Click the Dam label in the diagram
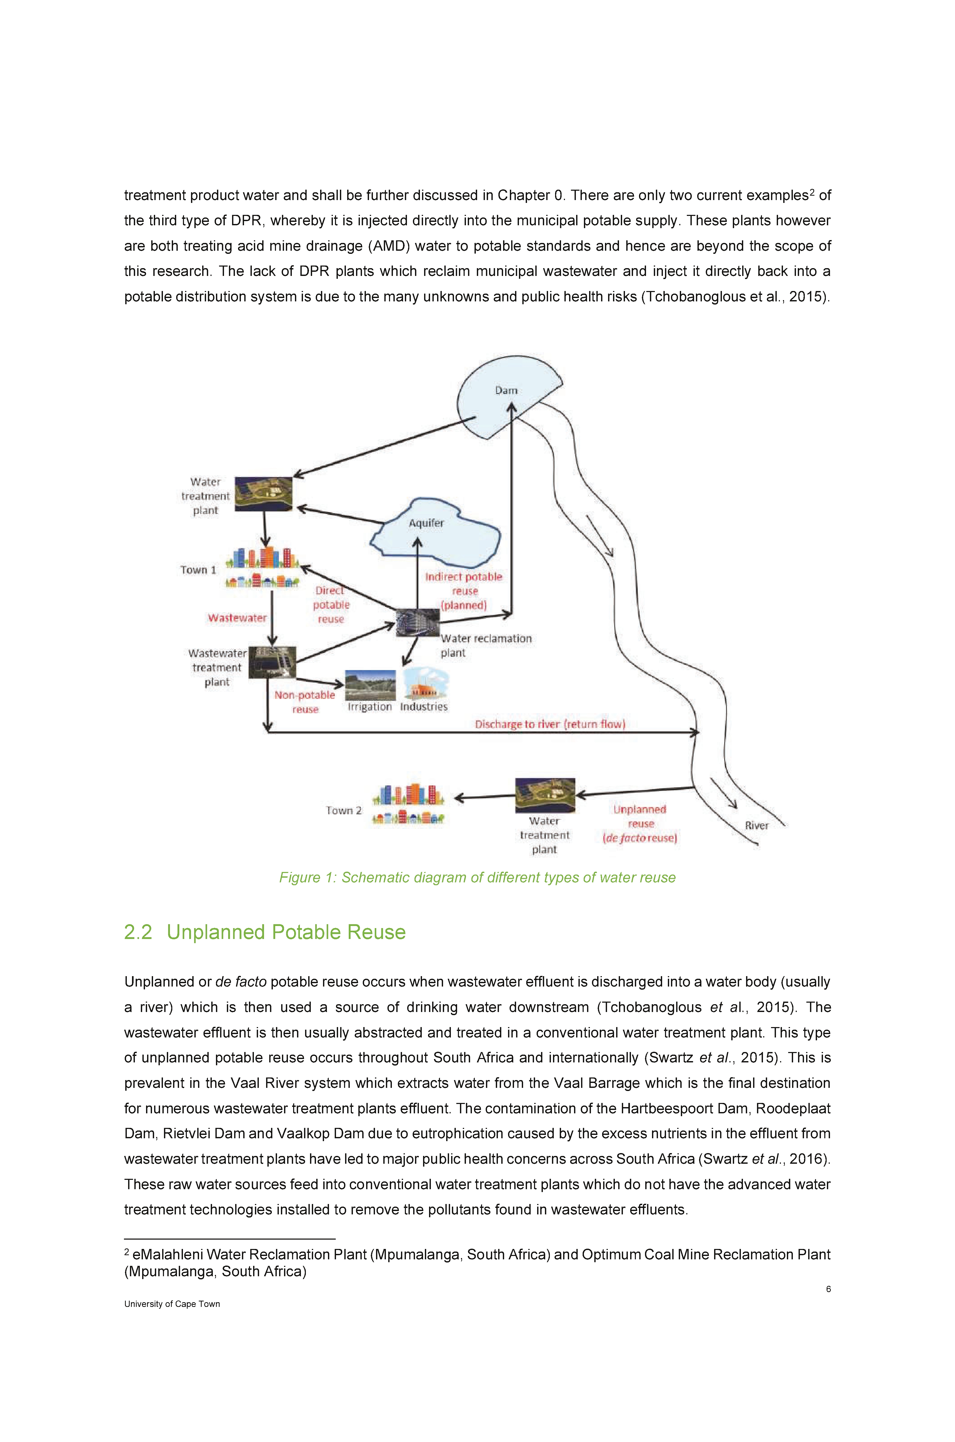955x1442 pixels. point(506,390)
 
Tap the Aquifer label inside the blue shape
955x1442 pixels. point(426,523)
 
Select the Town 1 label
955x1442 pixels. point(198,570)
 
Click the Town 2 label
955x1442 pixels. point(344,811)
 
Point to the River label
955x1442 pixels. point(756,826)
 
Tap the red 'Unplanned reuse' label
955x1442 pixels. point(640,824)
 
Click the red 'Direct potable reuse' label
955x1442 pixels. point(331,605)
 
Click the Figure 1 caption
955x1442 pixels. point(478,877)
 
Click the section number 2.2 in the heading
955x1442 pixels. point(138,932)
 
